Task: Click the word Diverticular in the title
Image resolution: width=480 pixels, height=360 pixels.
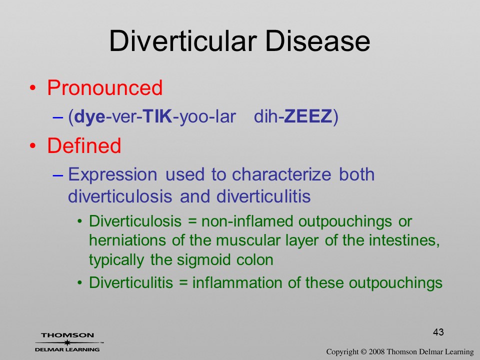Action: click(183, 40)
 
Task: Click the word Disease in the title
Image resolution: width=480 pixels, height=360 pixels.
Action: click(317, 40)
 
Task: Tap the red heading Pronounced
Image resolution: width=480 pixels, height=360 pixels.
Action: click(104, 88)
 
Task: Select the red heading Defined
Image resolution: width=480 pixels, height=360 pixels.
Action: click(84, 145)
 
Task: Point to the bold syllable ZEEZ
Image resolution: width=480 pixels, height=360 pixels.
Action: click(308, 116)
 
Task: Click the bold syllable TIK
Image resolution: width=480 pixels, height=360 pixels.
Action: click(157, 116)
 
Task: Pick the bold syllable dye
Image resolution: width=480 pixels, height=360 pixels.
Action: click(89, 117)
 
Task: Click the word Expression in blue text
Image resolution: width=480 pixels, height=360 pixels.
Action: click(112, 175)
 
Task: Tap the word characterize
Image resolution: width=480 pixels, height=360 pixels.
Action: click(281, 174)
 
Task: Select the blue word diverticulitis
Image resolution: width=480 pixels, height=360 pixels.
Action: click(263, 196)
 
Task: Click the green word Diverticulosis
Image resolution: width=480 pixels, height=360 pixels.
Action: click(135, 221)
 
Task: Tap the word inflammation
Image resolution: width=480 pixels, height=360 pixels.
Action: click(237, 282)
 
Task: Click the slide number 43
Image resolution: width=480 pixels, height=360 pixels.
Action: click(438, 332)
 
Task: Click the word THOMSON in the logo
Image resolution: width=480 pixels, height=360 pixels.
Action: click(67, 335)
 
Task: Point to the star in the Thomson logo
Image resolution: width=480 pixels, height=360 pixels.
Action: click(67, 342)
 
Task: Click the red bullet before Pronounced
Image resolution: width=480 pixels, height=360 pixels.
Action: click(33, 88)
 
